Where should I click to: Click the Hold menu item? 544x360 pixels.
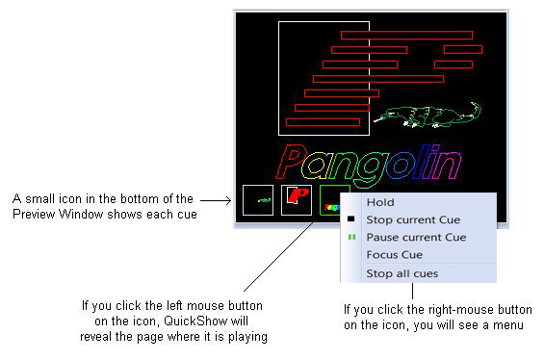coord(380,202)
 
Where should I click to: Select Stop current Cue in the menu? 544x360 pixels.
coord(413,219)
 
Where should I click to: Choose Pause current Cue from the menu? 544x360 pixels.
coord(416,237)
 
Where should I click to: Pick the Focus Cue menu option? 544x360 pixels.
coord(395,255)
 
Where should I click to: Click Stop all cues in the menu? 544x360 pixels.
coord(402,273)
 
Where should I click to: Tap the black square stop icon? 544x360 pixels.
coord(351,219)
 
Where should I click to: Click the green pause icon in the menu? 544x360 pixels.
coord(351,237)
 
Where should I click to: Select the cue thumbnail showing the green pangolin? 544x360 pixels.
coord(258,200)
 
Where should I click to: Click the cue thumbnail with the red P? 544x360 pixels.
coord(297,200)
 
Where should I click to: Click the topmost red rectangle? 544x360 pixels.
coord(406,35)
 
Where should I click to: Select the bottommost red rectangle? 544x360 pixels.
coord(323,122)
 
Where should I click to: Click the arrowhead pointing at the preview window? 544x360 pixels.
coord(228,200)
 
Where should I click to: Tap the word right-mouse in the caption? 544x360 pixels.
coord(461,309)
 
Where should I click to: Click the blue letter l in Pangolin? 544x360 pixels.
coord(419,162)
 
